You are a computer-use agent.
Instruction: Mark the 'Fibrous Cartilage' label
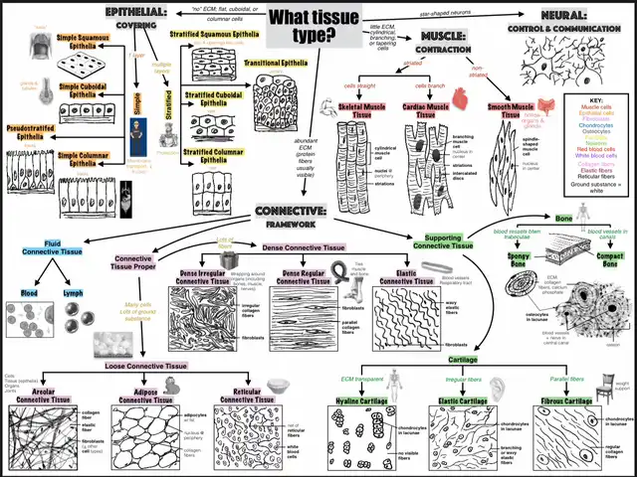pos(565,400)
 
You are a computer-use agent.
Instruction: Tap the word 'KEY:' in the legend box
pos(596,100)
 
